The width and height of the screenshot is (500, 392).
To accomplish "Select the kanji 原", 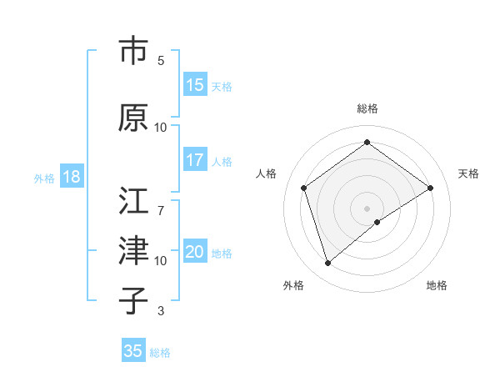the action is coord(133,118).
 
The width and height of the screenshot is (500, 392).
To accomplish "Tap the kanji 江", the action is coord(133,202).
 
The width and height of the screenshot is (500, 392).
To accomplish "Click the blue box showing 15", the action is coord(195,85).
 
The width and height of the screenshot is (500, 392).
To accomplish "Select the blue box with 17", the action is coord(195,160).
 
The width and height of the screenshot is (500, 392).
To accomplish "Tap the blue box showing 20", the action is coord(195,252).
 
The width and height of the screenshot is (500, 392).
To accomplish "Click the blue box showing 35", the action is coord(133,351).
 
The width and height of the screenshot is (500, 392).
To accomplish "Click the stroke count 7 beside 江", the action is coord(161,203).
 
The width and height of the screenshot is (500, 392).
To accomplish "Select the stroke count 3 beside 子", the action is coord(161,312).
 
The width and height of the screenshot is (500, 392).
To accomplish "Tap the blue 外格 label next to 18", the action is coord(43,178).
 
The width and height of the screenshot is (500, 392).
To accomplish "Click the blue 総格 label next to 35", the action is coord(160,352).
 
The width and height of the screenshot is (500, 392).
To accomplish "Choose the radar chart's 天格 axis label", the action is coord(468,173).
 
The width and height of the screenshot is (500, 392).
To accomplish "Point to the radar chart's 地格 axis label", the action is coord(437,285).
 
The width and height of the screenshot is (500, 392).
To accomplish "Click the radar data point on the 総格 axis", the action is coord(367,143).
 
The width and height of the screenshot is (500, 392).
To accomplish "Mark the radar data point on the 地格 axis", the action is coord(377,222).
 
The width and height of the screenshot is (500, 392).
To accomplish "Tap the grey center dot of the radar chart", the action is coord(367,208).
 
